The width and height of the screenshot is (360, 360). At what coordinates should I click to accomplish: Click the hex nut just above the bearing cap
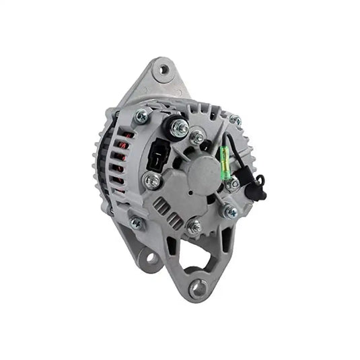tap(198, 138)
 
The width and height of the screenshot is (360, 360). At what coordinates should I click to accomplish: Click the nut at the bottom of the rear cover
tap(194, 227)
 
